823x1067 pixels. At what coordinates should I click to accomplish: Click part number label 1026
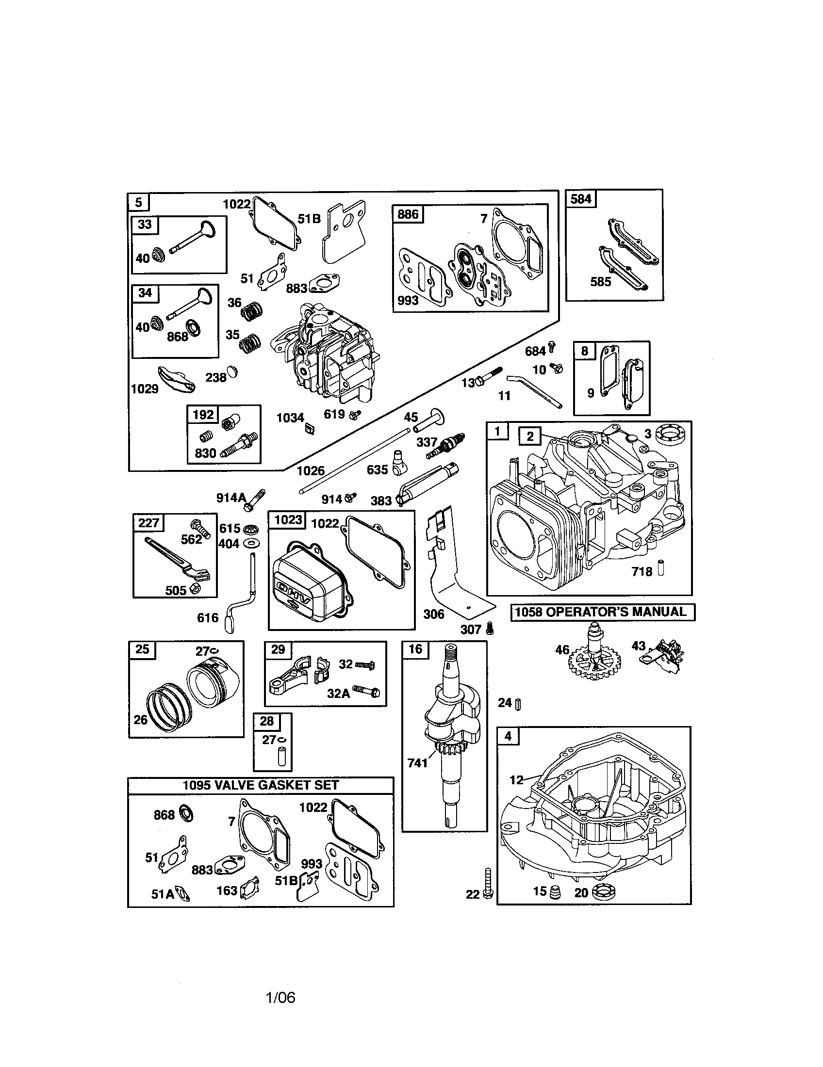pyautogui.click(x=311, y=470)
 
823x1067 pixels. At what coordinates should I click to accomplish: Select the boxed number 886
pyautogui.click(x=408, y=214)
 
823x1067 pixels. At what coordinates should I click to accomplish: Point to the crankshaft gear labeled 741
pyautogui.click(x=443, y=748)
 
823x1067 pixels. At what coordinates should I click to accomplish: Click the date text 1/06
pyautogui.click(x=280, y=998)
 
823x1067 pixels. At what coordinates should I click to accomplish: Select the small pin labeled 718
pyautogui.click(x=661, y=570)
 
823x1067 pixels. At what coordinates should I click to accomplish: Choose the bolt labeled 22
pyautogui.click(x=488, y=883)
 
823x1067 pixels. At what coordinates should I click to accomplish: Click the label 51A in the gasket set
pyautogui.click(x=163, y=894)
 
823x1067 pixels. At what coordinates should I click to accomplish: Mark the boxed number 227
pyautogui.click(x=148, y=523)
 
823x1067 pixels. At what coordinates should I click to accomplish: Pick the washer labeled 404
pyautogui.click(x=254, y=543)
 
